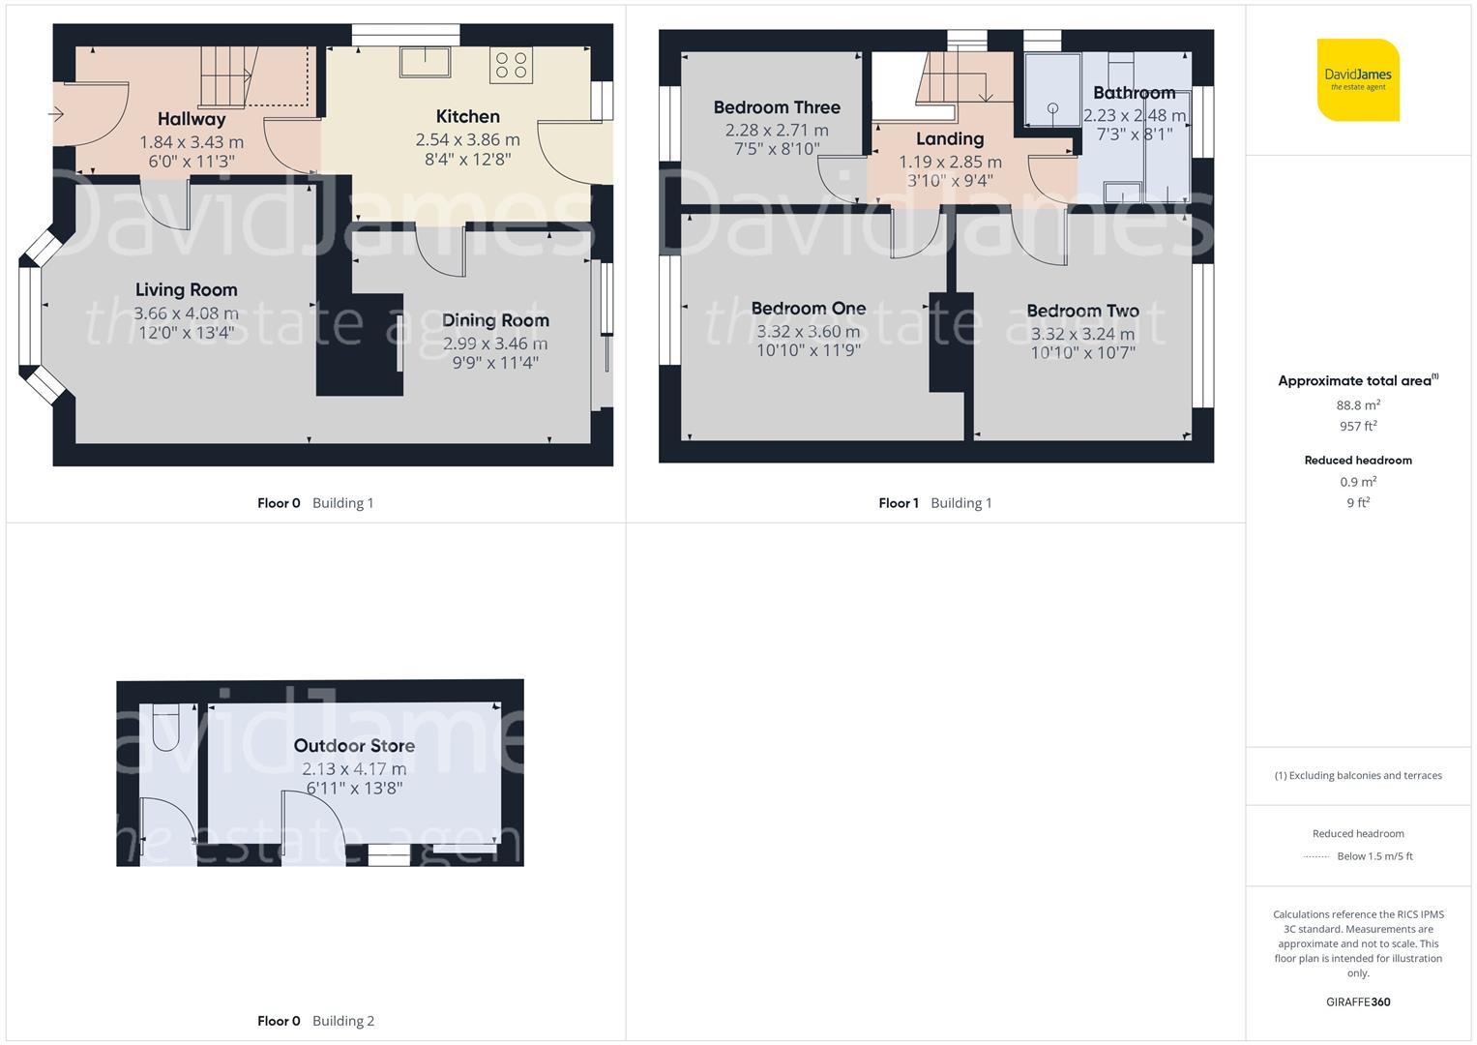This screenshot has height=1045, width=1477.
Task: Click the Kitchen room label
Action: (x=467, y=116)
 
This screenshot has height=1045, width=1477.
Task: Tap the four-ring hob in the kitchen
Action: (x=511, y=65)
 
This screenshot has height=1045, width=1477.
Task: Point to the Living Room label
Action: (x=186, y=289)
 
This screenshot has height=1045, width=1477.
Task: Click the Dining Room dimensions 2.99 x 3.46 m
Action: (x=495, y=343)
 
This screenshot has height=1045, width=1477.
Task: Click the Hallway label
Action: (x=192, y=119)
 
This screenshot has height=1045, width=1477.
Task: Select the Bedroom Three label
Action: (x=777, y=107)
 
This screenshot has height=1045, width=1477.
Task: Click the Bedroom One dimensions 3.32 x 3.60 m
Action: (x=808, y=331)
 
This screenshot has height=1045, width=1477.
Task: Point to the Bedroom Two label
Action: (x=1082, y=311)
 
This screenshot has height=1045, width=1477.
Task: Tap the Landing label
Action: (x=950, y=139)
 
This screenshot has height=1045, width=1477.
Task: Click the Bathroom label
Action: (x=1134, y=93)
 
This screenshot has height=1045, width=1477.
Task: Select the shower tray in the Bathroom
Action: (x=1052, y=90)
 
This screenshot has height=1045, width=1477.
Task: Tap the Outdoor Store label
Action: (x=354, y=746)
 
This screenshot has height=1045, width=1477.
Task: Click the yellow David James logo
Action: (x=1358, y=80)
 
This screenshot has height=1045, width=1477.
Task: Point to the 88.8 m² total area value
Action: (x=1358, y=405)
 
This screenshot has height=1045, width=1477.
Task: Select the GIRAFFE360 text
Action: (x=1358, y=1001)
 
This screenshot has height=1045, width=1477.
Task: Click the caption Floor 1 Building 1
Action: (x=934, y=503)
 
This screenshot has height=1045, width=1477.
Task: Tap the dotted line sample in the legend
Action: (x=1316, y=856)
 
